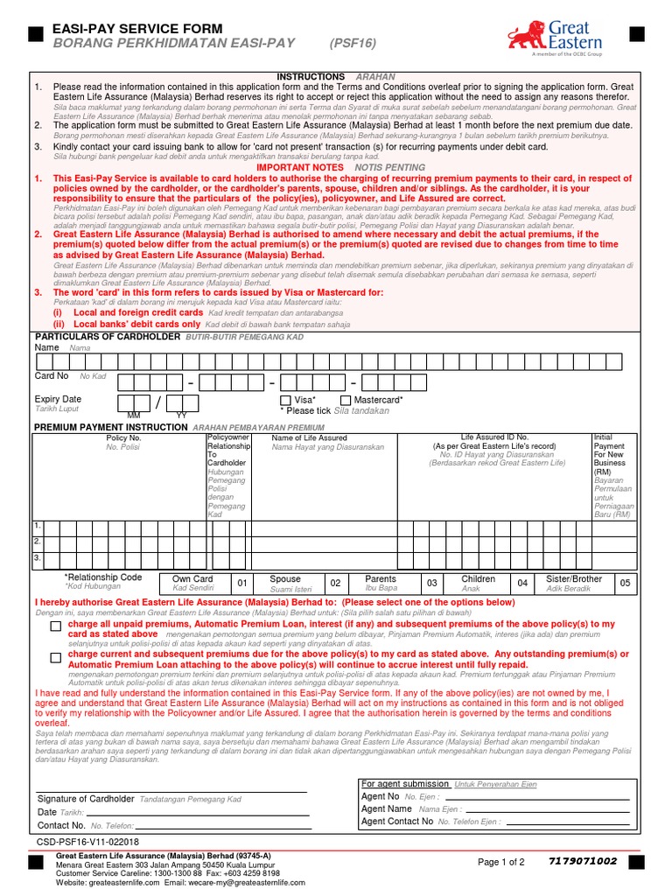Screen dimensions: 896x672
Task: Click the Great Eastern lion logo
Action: (x=528, y=36)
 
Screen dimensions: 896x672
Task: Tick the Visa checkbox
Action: (x=286, y=400)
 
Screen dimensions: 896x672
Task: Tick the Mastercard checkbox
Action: (x=346, y=400)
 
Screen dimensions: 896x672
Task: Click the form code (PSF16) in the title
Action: (x=353, y=43)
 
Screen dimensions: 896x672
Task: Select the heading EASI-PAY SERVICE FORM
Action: (x=138, y=29)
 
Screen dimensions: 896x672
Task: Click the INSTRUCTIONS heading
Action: (x=311, y=77)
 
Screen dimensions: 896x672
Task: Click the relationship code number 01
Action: (x=242, y=583)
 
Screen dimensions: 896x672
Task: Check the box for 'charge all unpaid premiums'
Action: (x=56, y=627)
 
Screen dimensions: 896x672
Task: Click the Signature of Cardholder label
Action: (x=86, y=799)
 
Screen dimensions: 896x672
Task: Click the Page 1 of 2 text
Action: (x=501, y=862)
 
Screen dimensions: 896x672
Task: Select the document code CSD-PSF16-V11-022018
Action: (x=87, y=841)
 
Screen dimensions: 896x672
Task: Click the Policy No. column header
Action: (x=123, y=437)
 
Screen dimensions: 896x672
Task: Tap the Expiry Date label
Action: (x=58, y=399)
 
